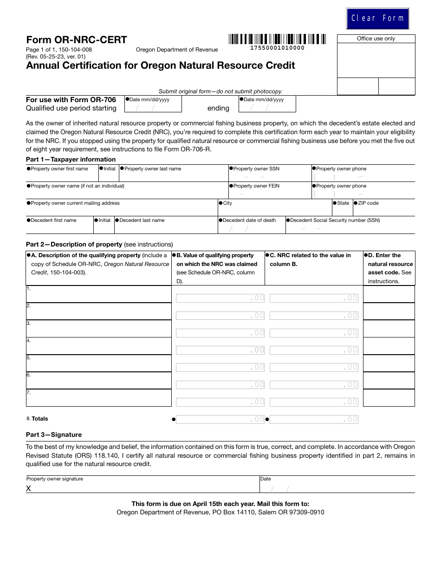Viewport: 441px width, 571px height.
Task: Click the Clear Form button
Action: point(377,19)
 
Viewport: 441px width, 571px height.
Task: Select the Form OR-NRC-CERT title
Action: point(77,40)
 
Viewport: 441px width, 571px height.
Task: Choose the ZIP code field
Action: point(383,210)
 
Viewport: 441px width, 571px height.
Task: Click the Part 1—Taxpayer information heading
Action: point(71,159)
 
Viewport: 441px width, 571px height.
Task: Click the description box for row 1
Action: point(98,294)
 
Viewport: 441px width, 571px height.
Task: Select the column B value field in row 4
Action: point(220,350)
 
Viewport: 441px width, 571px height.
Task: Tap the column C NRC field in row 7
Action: point(314,402)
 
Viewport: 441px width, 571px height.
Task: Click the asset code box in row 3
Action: point(389,329)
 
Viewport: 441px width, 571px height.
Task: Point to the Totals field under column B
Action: point(220,419)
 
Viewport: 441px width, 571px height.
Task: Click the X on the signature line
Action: point(28,488)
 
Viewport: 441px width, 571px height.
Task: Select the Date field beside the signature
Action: point(337,487)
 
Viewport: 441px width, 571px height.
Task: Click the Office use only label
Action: point(376,39)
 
